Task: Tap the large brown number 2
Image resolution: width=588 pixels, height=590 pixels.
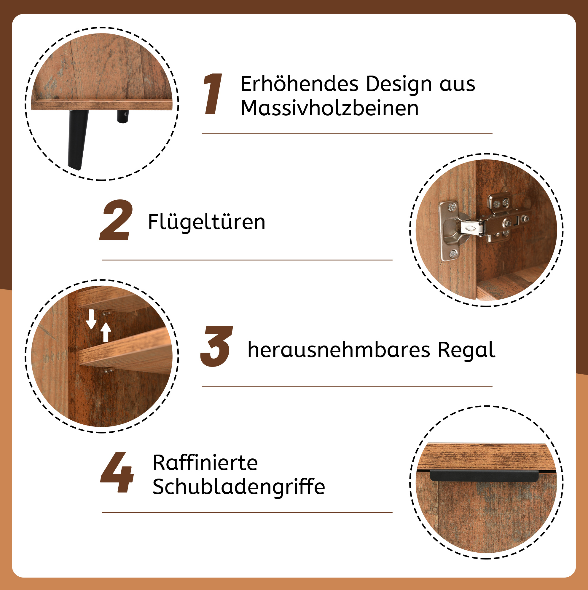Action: (x=117, y=220)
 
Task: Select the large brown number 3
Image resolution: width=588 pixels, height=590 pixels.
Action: (x=216, y=346)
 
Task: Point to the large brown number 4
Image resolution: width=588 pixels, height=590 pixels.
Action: (x=117, y=472)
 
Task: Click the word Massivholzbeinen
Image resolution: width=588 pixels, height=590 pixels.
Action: (x=329, y=108)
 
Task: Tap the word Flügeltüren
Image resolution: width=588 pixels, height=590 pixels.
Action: (x=207, y=222)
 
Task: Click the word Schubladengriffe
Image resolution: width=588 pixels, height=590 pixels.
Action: (x=239, y=487)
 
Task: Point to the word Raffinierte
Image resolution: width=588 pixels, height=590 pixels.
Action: (x=205, y=463)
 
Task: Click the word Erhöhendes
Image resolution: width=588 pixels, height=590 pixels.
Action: (x=299, y=84)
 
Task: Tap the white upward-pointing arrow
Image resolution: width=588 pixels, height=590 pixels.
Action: (x=106, y=332)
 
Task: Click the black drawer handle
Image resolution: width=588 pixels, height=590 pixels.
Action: (x=485, y=476)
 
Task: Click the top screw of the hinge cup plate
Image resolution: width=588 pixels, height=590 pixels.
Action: (x=452, y=207)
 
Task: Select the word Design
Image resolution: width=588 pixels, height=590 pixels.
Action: (x=399, y=84)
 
